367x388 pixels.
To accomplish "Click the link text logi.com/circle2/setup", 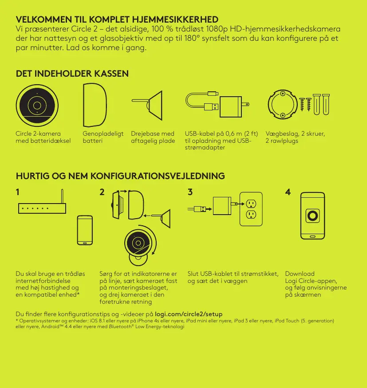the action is (189, 314).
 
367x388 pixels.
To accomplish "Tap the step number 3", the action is (190, 192).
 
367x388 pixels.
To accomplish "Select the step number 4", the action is (288, 192).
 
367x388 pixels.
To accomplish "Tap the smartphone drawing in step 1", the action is (85, 230).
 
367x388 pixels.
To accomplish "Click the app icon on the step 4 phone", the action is (312, 216).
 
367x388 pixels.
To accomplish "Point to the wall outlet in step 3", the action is (251, 209).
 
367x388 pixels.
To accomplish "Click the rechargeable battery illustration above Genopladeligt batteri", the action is (95, 105).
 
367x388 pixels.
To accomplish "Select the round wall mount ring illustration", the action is (283, 104).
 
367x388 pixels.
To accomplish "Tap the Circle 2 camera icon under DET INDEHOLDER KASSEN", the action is (37, 106).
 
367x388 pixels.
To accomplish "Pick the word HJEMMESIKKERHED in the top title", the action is (175, 20).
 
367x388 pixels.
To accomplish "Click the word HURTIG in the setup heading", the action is (33, 176).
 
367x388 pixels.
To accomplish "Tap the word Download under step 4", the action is (300, 274).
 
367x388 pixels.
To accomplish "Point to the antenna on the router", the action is (62, 196).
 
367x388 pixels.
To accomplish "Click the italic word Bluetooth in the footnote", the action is (120, 327).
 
